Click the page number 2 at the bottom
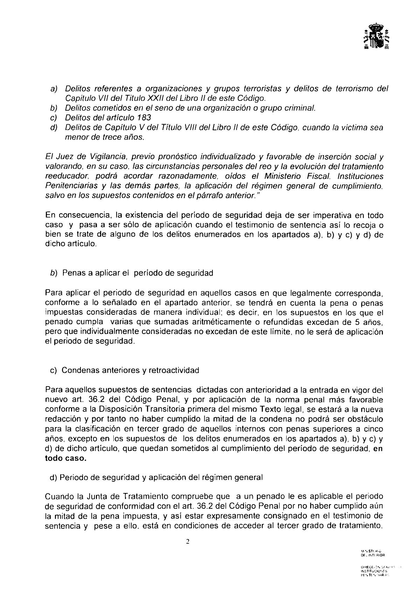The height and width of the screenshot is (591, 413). point(187,542)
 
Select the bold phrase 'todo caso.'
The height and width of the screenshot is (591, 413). point(65,459)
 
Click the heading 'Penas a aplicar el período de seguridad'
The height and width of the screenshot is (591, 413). point(137,273)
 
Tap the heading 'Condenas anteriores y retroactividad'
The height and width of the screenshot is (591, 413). point(130,370)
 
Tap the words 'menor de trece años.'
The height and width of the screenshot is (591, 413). point(104,138)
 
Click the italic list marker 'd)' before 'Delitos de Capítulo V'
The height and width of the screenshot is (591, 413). point(54,128)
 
